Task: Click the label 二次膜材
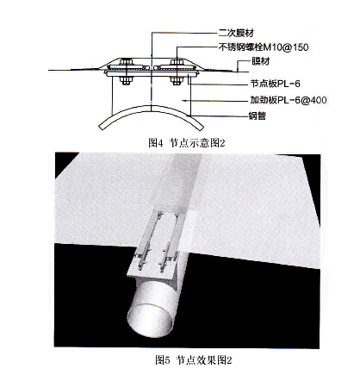tap(236, 33)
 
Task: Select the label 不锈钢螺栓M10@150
tap(264, 47)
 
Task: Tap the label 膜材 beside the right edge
tap(260, 61)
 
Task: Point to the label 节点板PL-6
tap(276, 84)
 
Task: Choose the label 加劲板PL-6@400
tap(289, 100)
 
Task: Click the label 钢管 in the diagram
tap(258, 116)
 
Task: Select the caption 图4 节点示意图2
tap(187, 143)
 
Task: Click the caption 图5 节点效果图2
tap(194, 359)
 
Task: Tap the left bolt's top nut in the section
tap(126, 61)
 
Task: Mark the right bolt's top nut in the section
tap(177, 61)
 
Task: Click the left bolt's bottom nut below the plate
tap(126, 81)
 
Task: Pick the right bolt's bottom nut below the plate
tap(177, 81)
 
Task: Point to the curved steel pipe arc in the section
tap(151, 109)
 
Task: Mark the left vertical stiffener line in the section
tap(112, 94)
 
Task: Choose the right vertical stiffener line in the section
tap(190, 96)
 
